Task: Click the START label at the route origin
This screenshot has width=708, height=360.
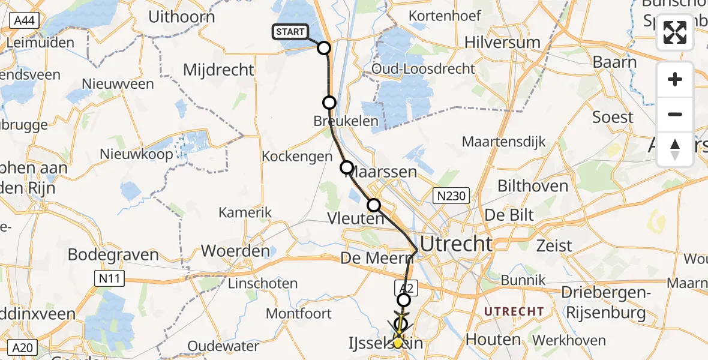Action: pyautogui.click(x=291, y=32)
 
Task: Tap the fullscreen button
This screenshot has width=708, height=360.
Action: pyautogui.click(x=675, y=32)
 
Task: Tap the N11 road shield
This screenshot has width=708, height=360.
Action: pyautogui.click(x=110, y=277)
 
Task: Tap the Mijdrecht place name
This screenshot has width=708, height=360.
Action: pyautogui.click(x=218, y=70)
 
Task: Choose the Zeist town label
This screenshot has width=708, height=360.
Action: pyautogui.click(x=554, y=245)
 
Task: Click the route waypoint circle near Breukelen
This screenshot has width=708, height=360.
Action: pyautogui.click(x=329, y=103)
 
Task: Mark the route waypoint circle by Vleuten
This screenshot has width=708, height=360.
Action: pyautogui.click(x=374, y=205)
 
